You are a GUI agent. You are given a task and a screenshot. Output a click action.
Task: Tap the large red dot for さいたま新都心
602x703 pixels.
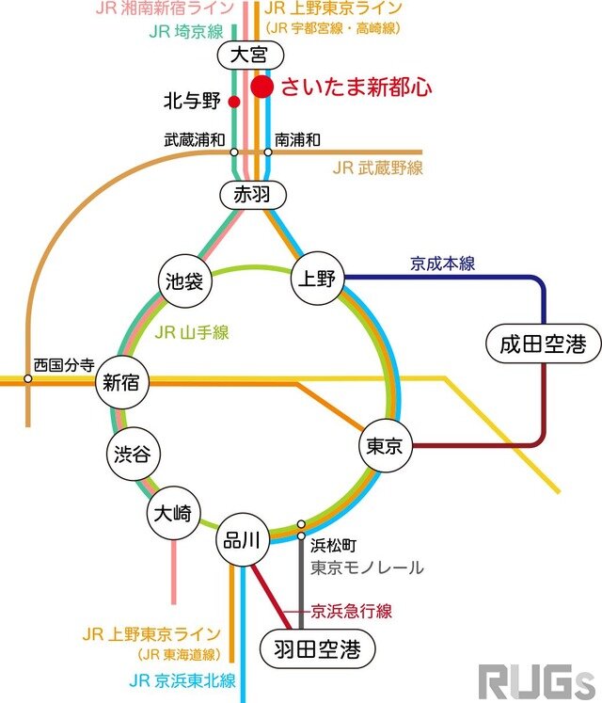tap(262, 88)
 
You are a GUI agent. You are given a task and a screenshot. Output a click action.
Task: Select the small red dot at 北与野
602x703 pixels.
tap(233, 101)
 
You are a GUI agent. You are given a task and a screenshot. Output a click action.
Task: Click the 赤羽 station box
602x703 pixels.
tap(251, 195)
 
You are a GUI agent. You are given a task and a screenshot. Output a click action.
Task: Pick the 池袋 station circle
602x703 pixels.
tap(183, 280)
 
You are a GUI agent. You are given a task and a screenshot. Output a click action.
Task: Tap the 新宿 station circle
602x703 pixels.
tap(121, 383)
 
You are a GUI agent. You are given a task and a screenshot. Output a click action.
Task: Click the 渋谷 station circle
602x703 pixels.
tap(130, 454)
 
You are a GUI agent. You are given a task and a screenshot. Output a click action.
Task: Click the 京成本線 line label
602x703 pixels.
tap(442, 264)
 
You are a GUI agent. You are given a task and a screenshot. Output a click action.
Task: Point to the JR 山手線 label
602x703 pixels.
tap(192, 331)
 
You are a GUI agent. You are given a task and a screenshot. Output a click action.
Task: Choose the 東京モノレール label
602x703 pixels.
tap(368, 567)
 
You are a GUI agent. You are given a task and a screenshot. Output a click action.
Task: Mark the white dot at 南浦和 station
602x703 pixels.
tap(268, 152)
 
